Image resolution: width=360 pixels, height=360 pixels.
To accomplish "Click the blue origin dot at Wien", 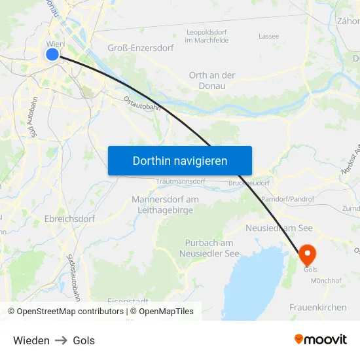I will [52, 54].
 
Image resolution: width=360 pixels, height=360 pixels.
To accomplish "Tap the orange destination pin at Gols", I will [307, 254].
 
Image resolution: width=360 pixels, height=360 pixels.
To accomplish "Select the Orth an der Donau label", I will [211, 80].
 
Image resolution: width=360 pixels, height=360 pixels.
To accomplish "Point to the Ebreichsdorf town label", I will [69, 219].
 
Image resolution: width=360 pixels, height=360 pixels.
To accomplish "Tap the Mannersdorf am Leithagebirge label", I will [165, 204].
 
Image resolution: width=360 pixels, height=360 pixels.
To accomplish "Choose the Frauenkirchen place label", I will [318, 306].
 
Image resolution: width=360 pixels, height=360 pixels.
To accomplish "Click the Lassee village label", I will [268, 36].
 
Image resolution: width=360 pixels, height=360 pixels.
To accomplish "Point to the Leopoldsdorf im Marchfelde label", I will [207, 36].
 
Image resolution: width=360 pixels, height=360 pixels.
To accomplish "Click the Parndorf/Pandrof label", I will [287, 198].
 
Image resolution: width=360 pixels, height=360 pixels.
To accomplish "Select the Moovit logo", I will [321, 340].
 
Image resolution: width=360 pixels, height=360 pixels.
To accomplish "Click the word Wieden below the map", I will [31, 340].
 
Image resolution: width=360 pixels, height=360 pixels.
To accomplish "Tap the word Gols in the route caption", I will [84, 340].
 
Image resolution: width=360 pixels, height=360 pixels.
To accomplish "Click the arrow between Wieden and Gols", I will [61, 340].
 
